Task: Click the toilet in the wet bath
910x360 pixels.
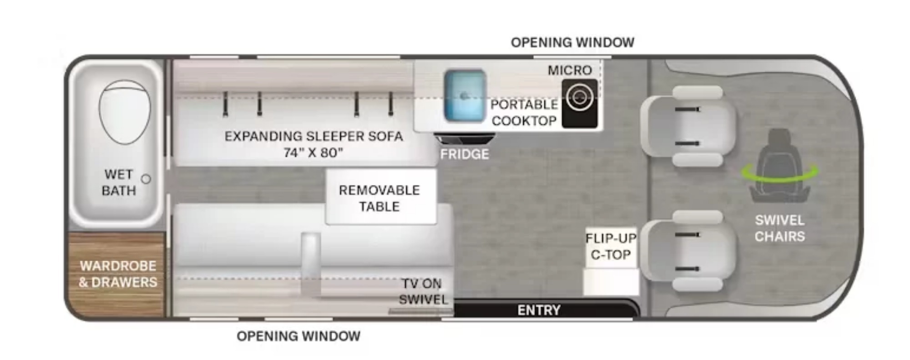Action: coord(124,112)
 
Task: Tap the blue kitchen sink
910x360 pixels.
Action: coord(465,96)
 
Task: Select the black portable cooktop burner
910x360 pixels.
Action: coord(579,103)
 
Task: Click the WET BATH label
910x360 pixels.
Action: coord(119,183)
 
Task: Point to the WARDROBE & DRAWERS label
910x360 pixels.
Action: coord(118,274)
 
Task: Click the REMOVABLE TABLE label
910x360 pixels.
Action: coord(379,198)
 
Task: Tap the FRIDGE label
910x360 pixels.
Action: coord(465,154)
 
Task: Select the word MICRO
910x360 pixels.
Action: coord(570,71)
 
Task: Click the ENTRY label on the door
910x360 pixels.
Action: coord(539,310)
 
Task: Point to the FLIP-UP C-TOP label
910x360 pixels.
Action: coord(611,246)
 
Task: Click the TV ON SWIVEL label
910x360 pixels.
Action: coord(423,292)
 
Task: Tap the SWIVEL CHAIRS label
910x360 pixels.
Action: coord(780,228)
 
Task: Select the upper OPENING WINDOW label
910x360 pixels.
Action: coord(572,43)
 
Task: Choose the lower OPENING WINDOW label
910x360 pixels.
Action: coord(298,336)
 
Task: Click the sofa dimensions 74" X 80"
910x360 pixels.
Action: coord(313,152)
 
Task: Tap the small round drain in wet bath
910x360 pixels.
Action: coord(146,179)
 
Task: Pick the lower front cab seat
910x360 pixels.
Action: coord(688,251)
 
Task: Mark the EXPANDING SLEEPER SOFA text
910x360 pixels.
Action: coord(313,136)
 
